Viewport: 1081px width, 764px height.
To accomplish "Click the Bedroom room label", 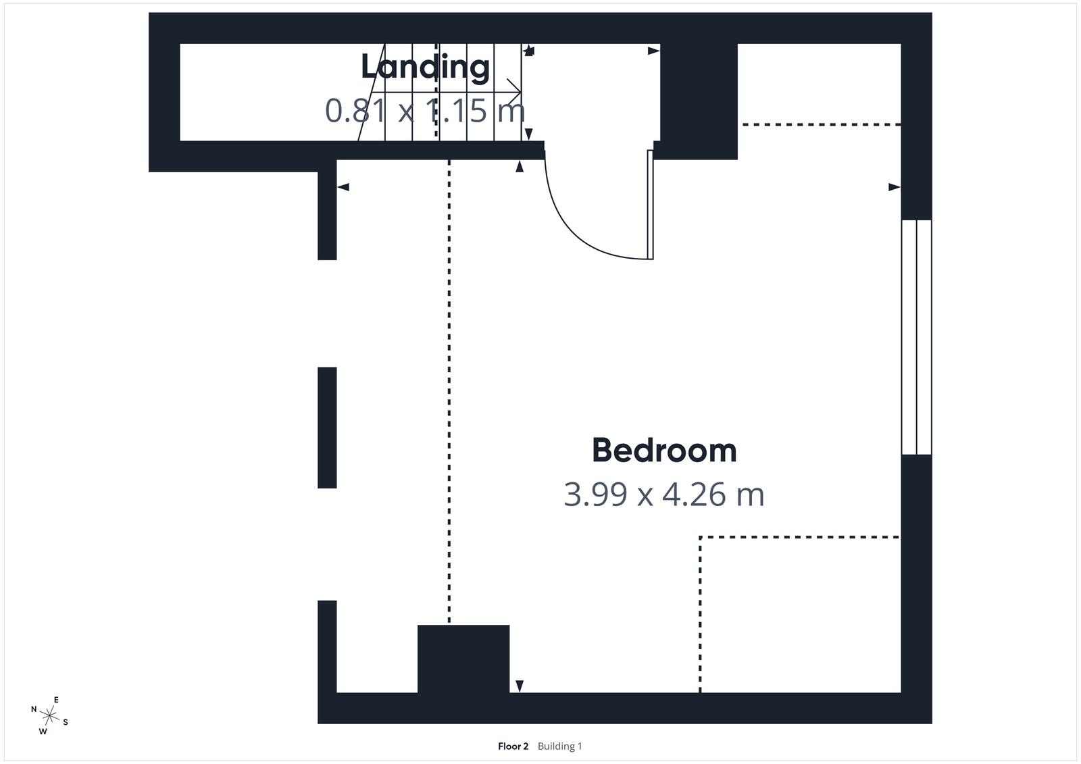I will pyautogui.click(x=664, y=451).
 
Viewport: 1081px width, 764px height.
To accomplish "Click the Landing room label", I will pyautogui.click(x=425, y=67).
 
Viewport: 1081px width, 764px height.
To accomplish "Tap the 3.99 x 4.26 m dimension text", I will pyautogui.click(x=664, y=494).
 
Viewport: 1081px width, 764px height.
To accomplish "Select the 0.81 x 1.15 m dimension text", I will pyautogui.click(x=425, y=111).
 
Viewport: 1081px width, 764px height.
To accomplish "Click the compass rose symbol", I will pyautogui.click(x=49, y=715).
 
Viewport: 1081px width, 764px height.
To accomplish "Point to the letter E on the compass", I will pyautogui.click(x=56, y=700).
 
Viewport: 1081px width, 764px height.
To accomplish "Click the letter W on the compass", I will pyautogui.click(x=43, y=731).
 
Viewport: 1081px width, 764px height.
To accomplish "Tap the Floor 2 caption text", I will pyautogui.click(x=513, y=746).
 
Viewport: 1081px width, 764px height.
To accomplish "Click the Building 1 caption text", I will pyautogui.click(x=559, y=746).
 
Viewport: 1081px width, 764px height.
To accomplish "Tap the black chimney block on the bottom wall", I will pyautogui.click(x=463, y=659).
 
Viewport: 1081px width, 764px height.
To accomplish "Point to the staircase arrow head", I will pyautogui.click(x=517, y=88).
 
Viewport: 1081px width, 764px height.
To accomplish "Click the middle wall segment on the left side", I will pyautogui.click(x=327, y=427).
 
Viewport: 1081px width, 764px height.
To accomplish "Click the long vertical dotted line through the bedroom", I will pyautogui.click(x=449, y=392).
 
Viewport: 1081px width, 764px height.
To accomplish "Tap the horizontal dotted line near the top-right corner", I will pyautogui.click(x=821, y=125).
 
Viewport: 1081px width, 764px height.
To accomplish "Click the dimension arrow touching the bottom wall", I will pyautogui.click(x=519, y=686).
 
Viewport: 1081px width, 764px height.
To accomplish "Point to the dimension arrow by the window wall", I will pyautogui.click(x=894, y=186).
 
